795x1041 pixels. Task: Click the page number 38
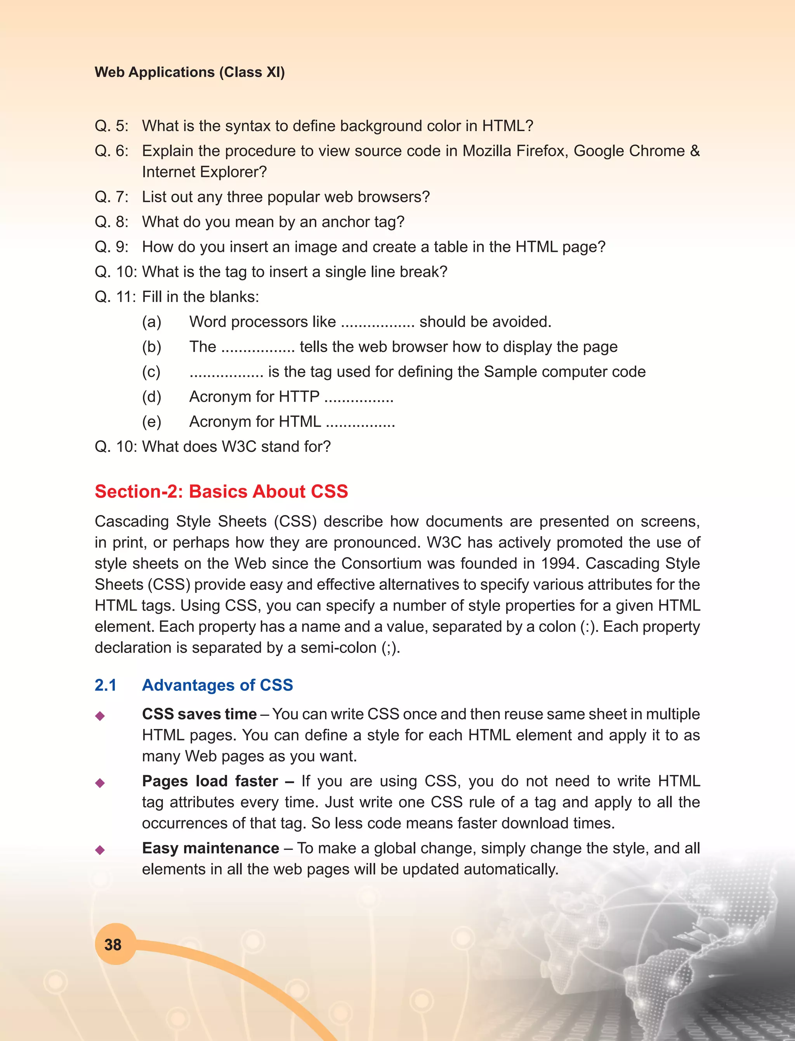pos(113,944)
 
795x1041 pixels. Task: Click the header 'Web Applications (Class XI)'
pos(189,72)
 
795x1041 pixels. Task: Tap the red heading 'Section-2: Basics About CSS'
pos(221,491)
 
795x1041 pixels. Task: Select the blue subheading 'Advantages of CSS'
pos(217,685)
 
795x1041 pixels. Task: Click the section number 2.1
pos(106,685)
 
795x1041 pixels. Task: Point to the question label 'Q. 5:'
pos(111,126)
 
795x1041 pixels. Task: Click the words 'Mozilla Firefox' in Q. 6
pos(515,151)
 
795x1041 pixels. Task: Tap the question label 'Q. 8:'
pos(111,222)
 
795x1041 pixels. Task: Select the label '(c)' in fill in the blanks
pos(151,372)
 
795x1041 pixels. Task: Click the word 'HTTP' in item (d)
pos(299,397)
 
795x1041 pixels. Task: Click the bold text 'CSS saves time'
pos(199,713)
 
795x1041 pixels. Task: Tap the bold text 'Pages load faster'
pos(210,781)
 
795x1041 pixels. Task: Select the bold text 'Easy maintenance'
pos(210,848)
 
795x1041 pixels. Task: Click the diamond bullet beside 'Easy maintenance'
pos(100,850)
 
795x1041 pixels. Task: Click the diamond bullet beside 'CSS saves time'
pos(100,715)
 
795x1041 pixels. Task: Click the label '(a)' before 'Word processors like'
pos(151,322)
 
